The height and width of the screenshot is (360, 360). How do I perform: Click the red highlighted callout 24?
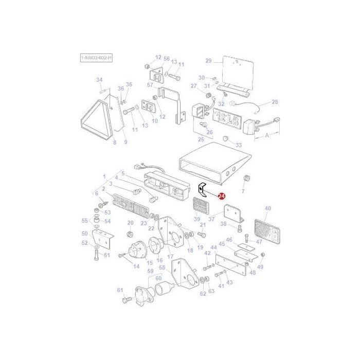[222, 196]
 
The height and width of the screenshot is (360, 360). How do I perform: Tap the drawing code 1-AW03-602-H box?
[96, 59]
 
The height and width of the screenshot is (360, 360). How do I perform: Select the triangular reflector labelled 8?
[101, 121]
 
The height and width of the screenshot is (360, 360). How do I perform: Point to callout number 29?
[208, 61]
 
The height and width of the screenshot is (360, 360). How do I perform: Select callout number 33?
[238, 146]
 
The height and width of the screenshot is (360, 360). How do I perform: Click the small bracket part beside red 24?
[204, 189]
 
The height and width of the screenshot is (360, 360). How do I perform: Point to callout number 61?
[121, 291]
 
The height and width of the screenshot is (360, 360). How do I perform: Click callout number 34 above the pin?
[100, 80]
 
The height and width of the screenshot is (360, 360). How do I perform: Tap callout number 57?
[150, 85]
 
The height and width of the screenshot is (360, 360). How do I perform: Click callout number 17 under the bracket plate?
[170, 257]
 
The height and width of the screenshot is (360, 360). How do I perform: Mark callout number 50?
[85, 233]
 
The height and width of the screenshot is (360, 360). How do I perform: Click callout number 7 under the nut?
[243, 191]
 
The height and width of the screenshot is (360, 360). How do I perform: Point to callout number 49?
[260, 267]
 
